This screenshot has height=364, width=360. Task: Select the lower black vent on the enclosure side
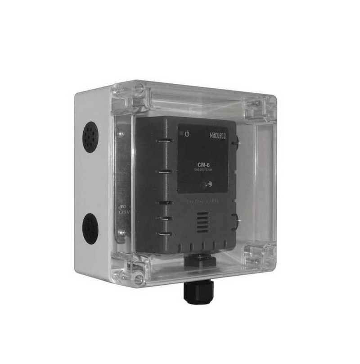90,228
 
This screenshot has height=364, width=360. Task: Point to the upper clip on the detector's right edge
235,142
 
